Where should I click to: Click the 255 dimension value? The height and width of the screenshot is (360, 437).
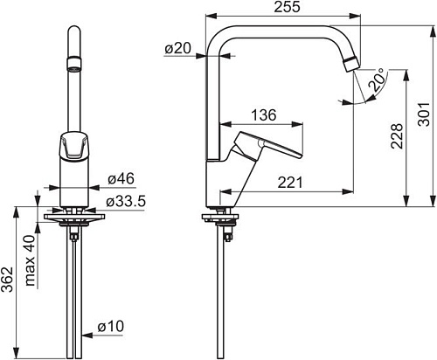[287, 7]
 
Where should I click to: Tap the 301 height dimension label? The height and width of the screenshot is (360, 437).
[424, 114]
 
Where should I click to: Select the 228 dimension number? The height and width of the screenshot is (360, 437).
[397, 136]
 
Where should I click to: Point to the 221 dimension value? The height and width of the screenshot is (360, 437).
[290, 183]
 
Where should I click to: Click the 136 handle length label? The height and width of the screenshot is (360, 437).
[264, 115]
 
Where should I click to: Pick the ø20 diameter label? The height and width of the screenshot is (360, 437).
[177, 48]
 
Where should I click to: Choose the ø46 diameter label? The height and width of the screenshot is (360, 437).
[121, 178]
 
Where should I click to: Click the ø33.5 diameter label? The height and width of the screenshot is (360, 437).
[125, 202]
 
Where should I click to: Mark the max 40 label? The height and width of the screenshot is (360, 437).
[31, 260]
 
